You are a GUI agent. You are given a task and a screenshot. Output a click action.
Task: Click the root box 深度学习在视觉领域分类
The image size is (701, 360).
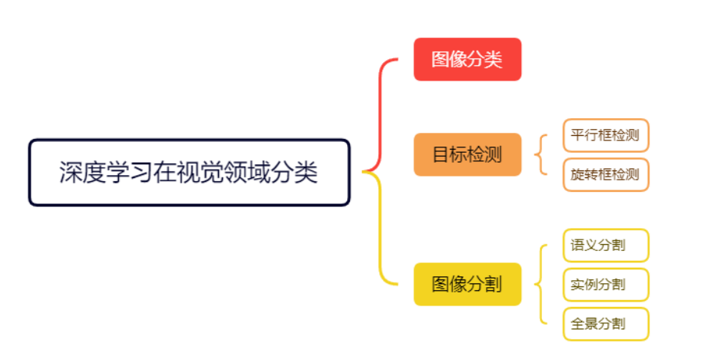click(x=189, y=172)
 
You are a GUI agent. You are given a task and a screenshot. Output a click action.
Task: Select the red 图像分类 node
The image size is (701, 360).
click(x=467, y=59)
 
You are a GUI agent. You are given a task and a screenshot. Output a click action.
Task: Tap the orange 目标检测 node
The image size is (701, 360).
click(x=467, y=154)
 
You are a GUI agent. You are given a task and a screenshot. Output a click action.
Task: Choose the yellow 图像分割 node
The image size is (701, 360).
click(x=467, y=284)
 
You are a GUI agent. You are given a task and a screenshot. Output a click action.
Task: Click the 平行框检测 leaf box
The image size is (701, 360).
click(x=605, y=135)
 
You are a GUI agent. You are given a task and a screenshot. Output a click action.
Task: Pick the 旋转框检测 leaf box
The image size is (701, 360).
click(x=605, y=174)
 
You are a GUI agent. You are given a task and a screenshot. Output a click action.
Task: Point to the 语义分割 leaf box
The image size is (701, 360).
click(x=605, y=246)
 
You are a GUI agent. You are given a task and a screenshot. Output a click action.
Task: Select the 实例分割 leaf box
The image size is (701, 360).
click(x=605, y=285)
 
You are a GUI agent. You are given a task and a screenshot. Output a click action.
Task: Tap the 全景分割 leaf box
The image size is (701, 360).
click(x=605, y=324)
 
